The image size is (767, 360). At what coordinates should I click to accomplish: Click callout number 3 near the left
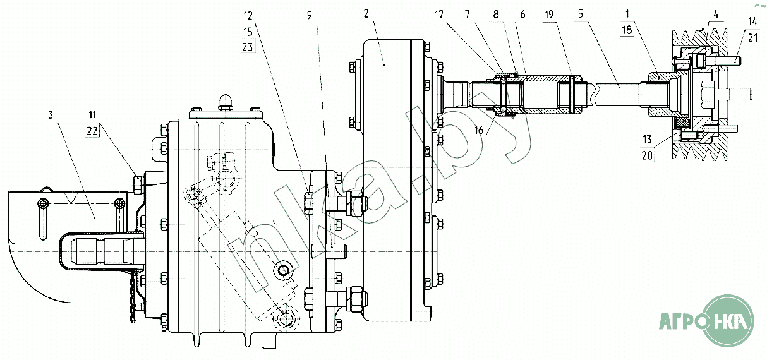[x=51, y=115]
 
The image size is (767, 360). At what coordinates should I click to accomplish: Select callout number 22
[x=92, y=131]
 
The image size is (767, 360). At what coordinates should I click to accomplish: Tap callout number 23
[x=248, y=47]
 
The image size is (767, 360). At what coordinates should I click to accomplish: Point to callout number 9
[x=310, y=15]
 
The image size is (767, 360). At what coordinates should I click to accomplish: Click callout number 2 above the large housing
[x=366, y=14]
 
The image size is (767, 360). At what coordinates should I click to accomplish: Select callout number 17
[x=439, y=15]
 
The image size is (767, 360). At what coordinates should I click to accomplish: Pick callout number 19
[x=549, y=15]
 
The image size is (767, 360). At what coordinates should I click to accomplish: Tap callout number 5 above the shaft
[x=581, y=14]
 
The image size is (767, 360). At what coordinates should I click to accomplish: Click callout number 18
[x=627, y=30]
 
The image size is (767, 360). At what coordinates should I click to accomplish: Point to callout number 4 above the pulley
[x=716, y=14]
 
